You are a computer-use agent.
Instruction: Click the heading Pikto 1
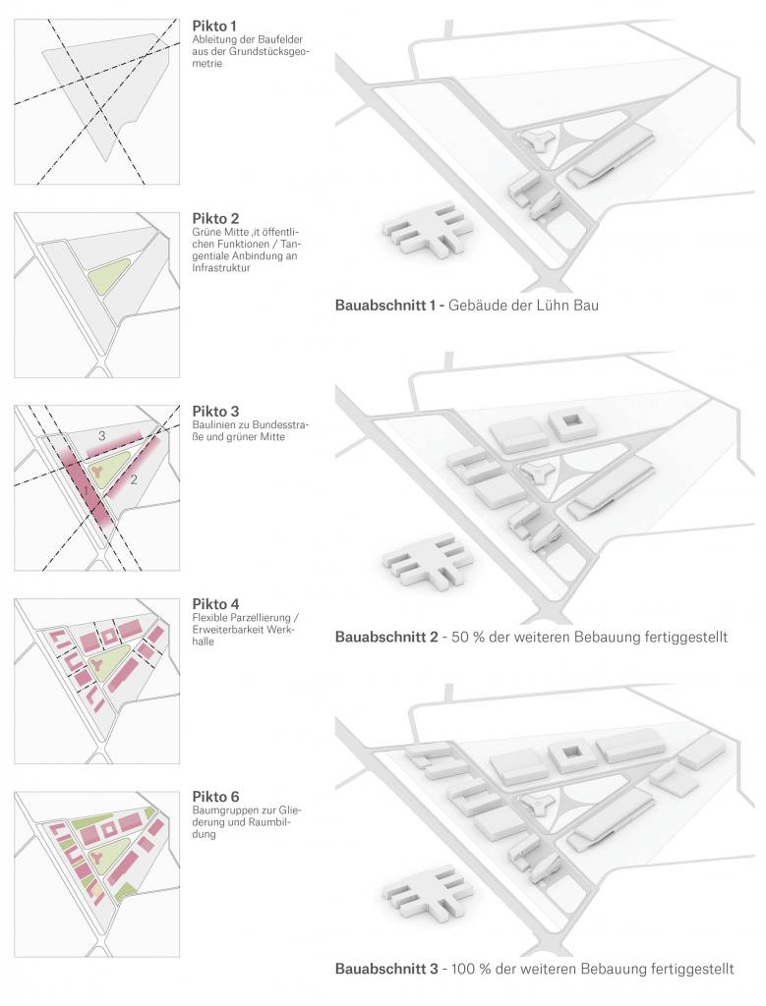pos(214,25)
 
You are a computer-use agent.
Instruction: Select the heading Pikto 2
pos(215,218)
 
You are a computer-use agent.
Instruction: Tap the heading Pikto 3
pos(215,411)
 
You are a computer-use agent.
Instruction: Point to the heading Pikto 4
pos(215,604)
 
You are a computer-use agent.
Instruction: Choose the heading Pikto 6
pos(215,797)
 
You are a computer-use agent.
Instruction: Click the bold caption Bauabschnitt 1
pos(386,306)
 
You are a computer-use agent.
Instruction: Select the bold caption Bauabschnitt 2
pos(387,637)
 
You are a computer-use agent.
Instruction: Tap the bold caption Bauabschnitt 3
pos(387,969)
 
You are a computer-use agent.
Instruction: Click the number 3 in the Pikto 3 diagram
pos(101,434)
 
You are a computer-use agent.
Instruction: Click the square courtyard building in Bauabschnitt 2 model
pos(572,424)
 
